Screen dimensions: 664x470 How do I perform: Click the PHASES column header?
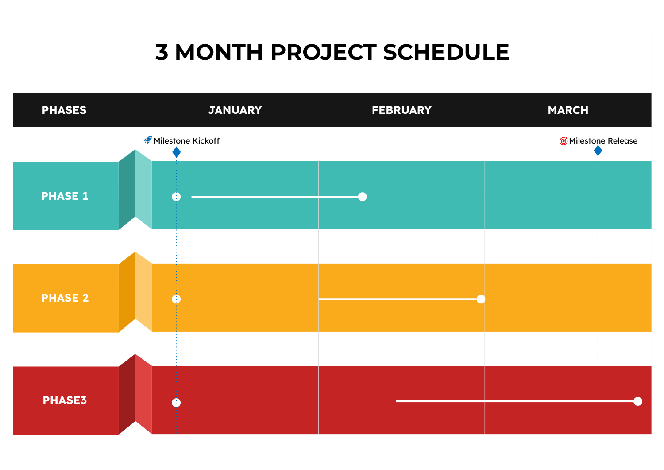coord(64,110)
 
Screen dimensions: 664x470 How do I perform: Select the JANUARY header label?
coord(235,110)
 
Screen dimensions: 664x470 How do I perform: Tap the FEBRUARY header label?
coord(401,110)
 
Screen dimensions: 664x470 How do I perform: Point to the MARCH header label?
coord(568,110)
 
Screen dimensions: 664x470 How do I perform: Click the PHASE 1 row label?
coord(65,196)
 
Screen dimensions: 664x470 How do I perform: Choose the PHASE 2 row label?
coord(65,298)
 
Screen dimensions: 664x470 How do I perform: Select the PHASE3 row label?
coord(65,400)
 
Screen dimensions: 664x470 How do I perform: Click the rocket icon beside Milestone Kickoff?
coord(148,140)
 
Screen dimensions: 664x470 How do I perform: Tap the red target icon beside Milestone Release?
coord(563,141)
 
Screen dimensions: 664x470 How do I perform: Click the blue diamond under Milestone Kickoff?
coord(176,152)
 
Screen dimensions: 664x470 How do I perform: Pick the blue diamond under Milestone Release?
coord(598,151)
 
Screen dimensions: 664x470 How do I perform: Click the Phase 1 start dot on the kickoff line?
coord(176,197)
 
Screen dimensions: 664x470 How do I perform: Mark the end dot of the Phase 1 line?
coord(362,197)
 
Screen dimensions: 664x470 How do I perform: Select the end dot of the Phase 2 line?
coord(481,299)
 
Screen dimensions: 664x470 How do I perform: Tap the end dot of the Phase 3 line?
coord(637,401)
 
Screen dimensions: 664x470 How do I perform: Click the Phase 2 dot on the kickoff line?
coord(176,299)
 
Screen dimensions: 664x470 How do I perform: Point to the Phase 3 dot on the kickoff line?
coord(176,403)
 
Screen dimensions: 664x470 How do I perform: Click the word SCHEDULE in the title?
coord(446,52)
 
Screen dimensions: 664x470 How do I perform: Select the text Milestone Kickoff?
coord(186,140)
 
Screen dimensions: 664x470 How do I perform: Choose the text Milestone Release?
coord(603,140)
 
